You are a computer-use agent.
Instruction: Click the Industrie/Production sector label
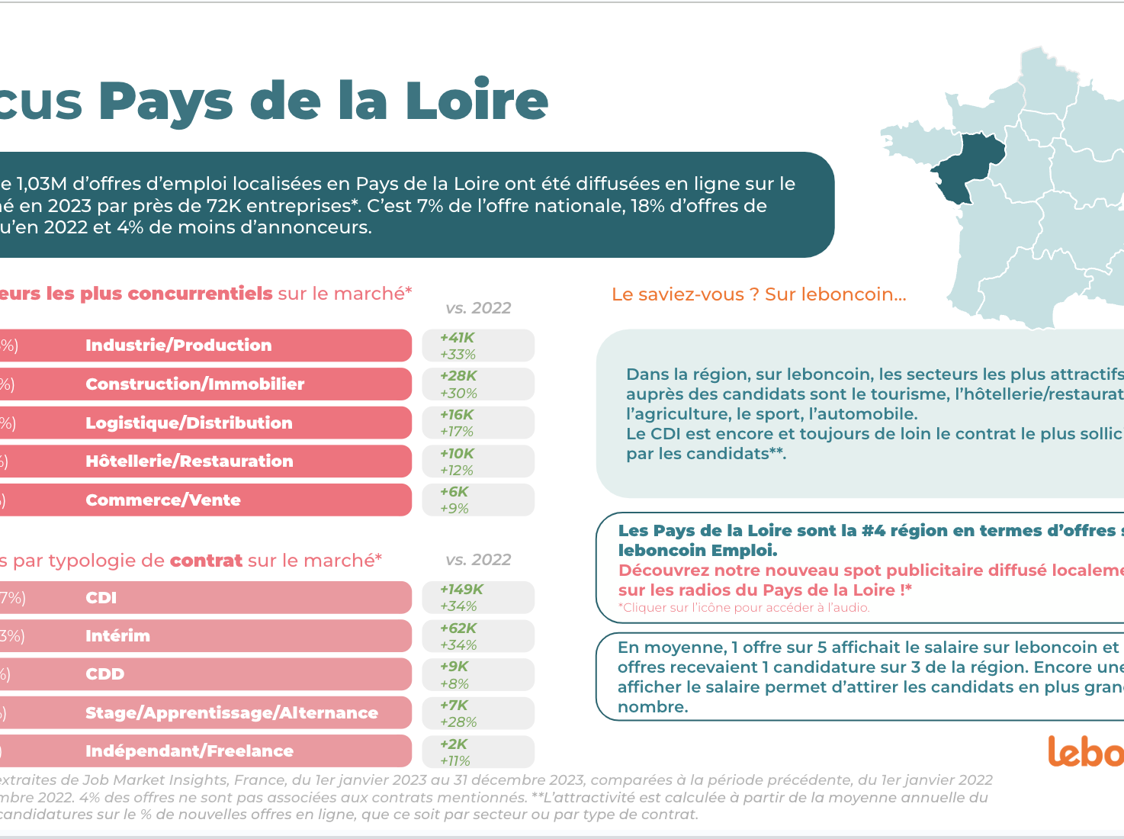pyautogui.click(x=178, y=346)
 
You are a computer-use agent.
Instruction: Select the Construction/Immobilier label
pyautogui.click(x=194, y=384)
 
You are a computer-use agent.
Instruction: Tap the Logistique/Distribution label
pyautogui.click(x=188, y=423)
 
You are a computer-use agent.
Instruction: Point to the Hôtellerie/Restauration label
pyautogui.click(x=189, y=461)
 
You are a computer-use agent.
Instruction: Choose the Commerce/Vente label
pyautogui.click(x=162, y=500)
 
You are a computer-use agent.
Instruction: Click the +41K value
pyautogui.click(x=457, y=338)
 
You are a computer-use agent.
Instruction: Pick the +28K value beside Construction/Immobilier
pyautogui.click(x=458, y=376)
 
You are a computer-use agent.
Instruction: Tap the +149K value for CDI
pyautogui.click(x=461, y=590)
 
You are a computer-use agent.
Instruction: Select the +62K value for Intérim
pyautogui.click(x=458, y=628)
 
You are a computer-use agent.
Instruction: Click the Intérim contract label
pyautogui.click(x=117, y=636)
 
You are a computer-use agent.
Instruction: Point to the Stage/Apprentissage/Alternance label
pyautogui.click(x=231, y=713)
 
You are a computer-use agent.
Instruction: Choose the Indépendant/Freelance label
pyautogui.click(x=189, y=751)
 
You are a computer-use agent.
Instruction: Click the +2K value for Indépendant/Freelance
pyautogui.click(x=453, y=744)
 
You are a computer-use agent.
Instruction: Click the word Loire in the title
pyautogui.click(x=476, y=101)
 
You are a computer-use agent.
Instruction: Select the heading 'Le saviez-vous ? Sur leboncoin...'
pyautogui.click(x=759, y=295)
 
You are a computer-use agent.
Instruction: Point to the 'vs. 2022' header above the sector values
pyautogui.click(x=478, y=308)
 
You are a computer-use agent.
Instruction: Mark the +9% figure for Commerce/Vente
pyautogui.click(x=454, y=509)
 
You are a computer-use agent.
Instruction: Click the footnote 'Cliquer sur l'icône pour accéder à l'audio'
pyautogui.click(x=743, y=608)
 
